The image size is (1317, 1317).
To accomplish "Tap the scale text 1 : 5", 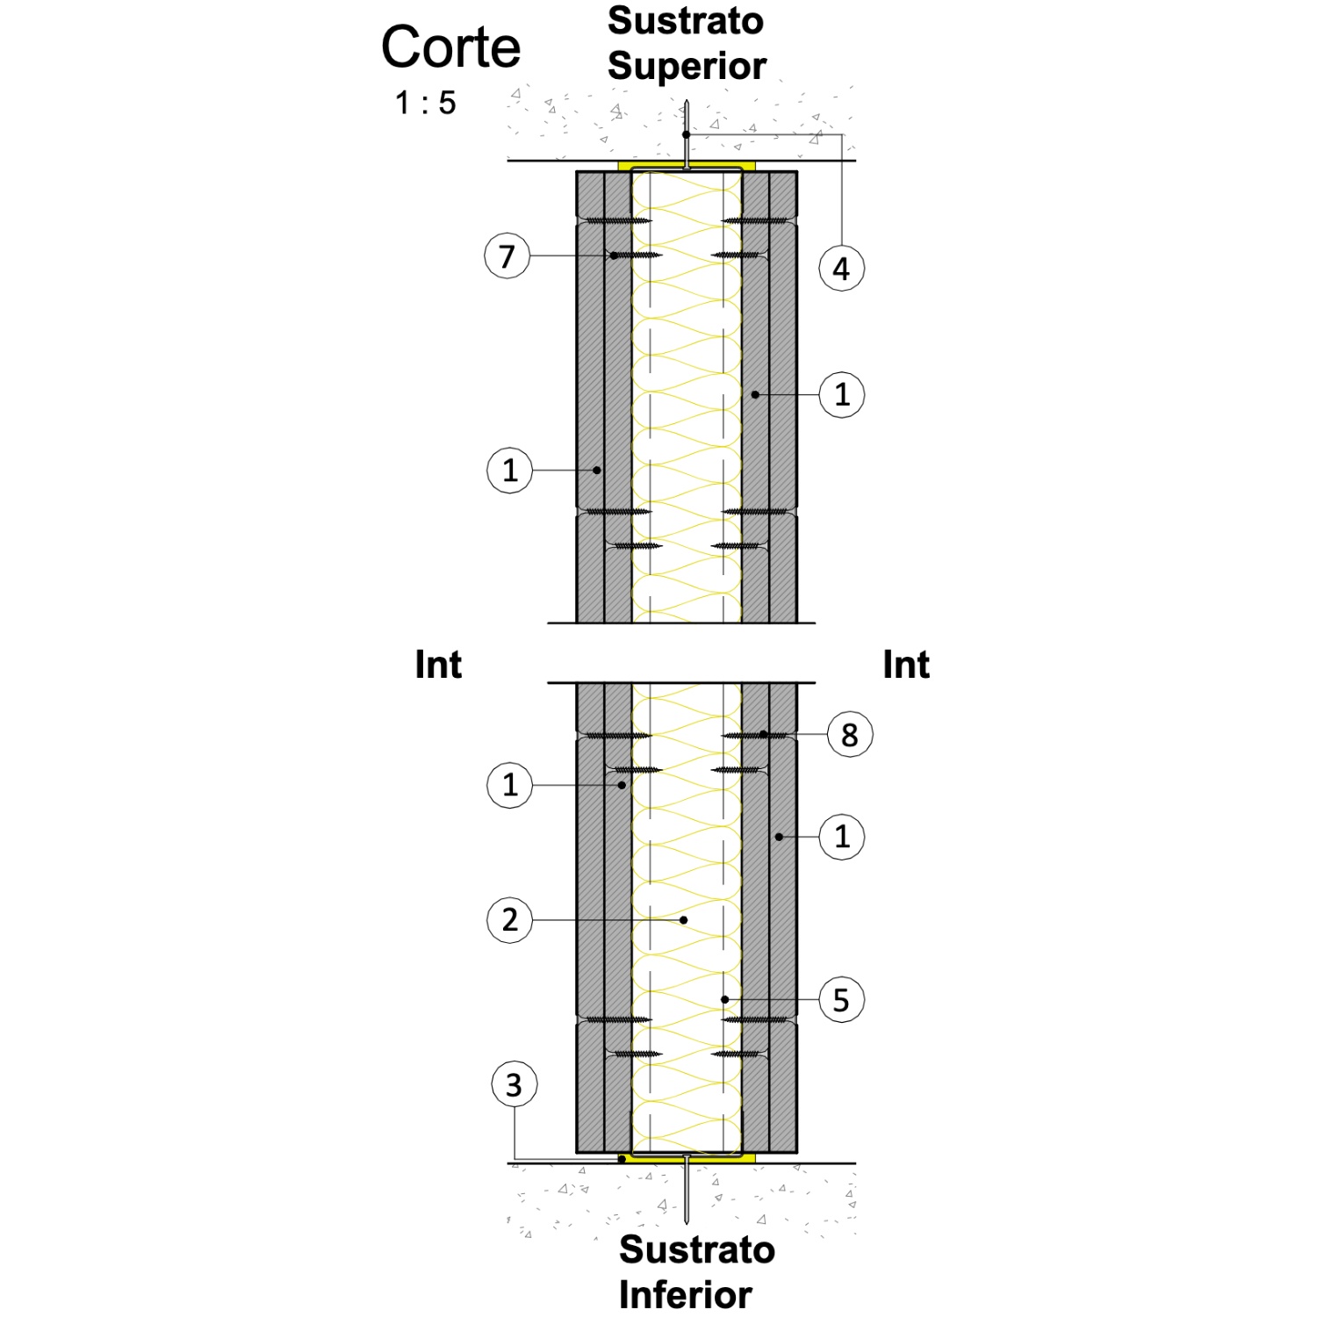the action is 426,103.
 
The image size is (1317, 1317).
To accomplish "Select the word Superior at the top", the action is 687,66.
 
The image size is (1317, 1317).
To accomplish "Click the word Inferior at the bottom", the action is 685,1294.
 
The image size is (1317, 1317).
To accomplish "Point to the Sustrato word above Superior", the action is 686,21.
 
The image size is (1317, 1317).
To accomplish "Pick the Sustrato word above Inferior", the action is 697,1249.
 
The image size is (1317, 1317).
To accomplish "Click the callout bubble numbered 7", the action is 507,256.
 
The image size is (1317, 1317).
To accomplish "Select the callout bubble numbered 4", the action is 842,269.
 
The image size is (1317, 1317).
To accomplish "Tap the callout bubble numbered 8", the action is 850,734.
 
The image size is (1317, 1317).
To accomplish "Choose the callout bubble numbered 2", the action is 510,920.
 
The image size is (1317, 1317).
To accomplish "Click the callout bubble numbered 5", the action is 842,1000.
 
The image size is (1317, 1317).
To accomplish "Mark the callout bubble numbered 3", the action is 514,1084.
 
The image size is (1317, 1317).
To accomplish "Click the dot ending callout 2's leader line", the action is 685,920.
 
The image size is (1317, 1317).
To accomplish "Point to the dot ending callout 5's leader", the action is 724,999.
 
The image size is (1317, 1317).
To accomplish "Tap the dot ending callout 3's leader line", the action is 622,1159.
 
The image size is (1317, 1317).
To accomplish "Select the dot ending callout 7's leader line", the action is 615,255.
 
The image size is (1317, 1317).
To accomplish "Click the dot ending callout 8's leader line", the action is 764,734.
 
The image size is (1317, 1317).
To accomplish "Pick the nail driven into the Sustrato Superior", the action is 687,134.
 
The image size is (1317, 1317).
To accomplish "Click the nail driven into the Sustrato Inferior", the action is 687,1189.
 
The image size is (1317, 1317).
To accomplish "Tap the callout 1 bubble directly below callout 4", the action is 842,395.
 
